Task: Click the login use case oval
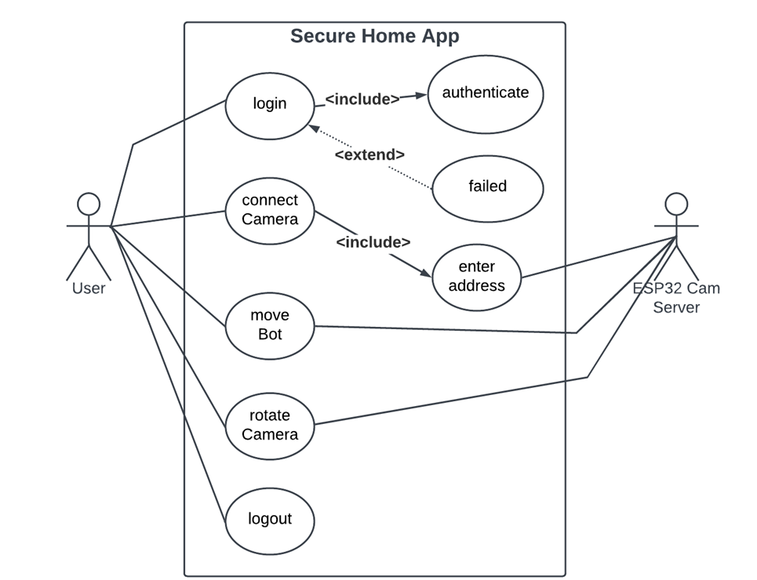pos(270,103)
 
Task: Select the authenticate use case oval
pos(486,93)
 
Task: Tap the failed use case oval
pos(487,187)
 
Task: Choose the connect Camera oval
pos(270,210)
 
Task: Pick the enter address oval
pos(476,277)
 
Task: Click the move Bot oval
pos(270,324)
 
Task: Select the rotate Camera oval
pos(270,425)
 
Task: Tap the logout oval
pos(270,519)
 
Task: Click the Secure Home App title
pos(375,36)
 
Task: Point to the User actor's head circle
pos(89,204)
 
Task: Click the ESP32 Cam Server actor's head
pos(676,204)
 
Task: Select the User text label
pos(89,288)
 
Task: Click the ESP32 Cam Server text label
pos(676,298)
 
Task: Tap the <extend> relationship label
pos(369,154)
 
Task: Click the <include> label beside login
pos(362,99)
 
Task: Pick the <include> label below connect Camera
pos(373,242)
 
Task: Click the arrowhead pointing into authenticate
pos(421,96)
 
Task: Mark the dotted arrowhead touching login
pos(313,128)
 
